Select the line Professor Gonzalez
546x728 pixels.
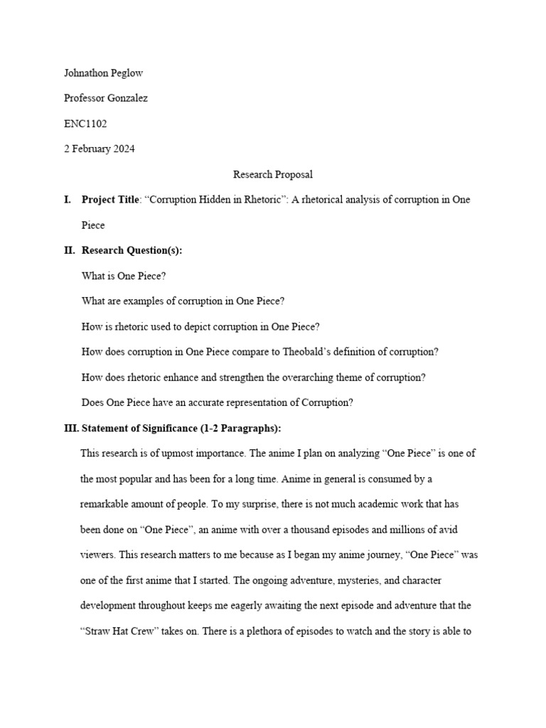click(106, 99)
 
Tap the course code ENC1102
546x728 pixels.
click(85, 124)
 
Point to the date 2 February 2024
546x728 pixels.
click(100, 149)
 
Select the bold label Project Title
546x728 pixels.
click(110, 200)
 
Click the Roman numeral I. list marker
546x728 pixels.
click(68, 200)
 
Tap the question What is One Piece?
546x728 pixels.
click(124, 276)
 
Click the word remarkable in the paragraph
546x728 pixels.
click(105, 504)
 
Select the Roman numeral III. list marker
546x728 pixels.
click(71, 428)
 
